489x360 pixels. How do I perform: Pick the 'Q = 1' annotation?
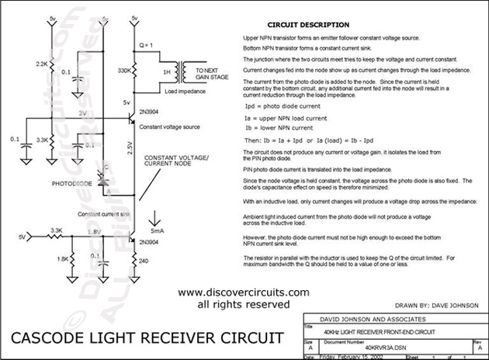click(x=145, y=44)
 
